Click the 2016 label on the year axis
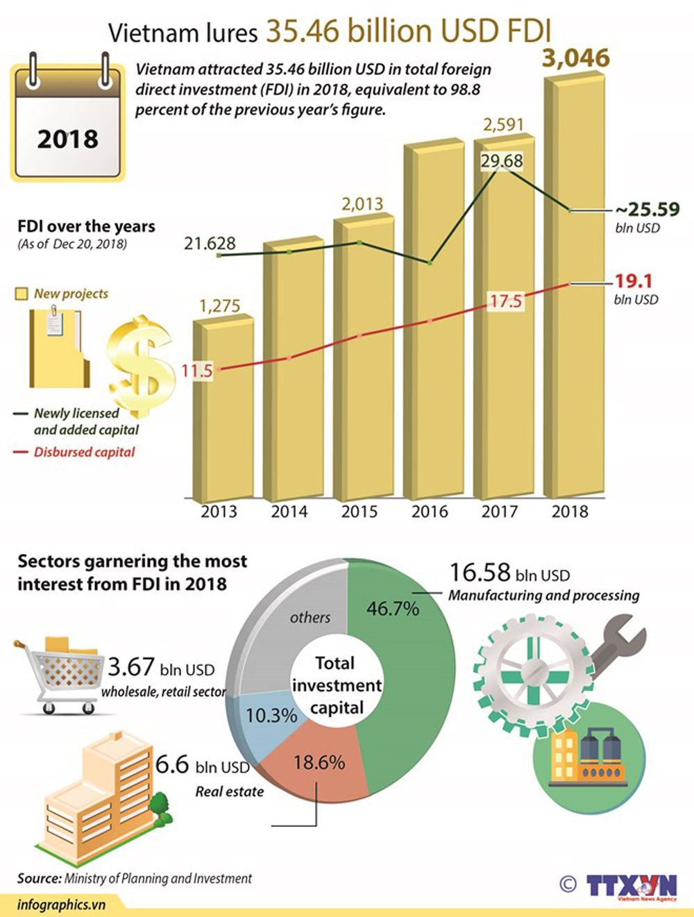point(430,512)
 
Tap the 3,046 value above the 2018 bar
point(575,59)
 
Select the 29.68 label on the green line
point(502,161)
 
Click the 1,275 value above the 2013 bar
point(219,306)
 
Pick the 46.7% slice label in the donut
point(393,609)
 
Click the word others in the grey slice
point(310,617)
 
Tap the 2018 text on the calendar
point(68,139)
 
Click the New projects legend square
point(22,294)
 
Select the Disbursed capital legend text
point(85,452)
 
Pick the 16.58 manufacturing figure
point(480,573)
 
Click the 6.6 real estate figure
point(172,765)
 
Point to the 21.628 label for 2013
point(210,243)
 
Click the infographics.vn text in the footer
point(61,905)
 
